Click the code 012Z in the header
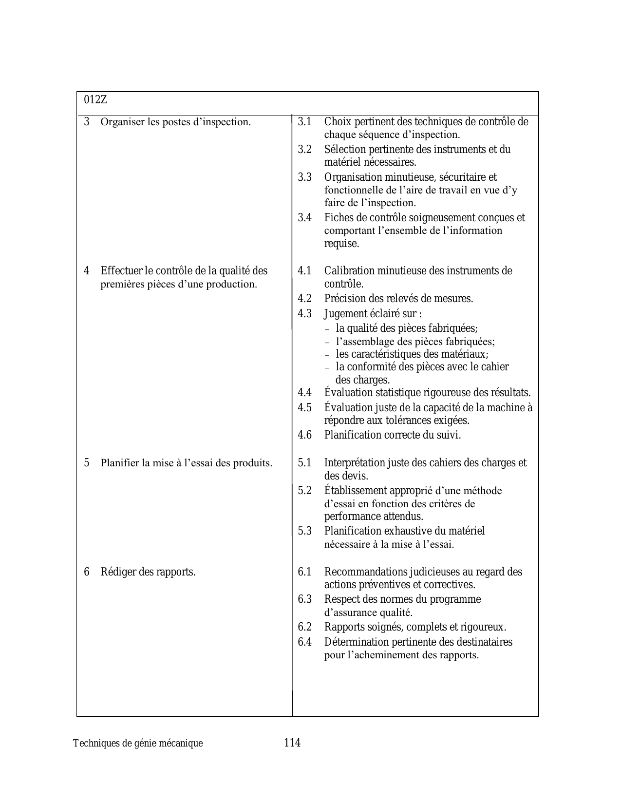pos(95,100)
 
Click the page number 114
pos(292,743)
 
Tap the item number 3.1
pos(304,121)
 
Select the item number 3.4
pos(304,217)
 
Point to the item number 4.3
pos(304,313)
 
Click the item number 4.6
pos(304,435)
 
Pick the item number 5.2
pos(304,490)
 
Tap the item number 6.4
pos(304,642)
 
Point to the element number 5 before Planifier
pos(87,462)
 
